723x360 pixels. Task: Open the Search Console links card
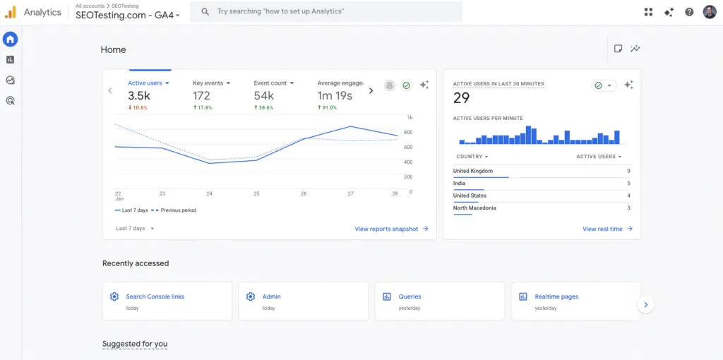click(155, 297)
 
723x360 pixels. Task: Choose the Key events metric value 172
click(201, 96)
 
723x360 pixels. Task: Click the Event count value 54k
click(264, 96)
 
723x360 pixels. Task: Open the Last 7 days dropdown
click(135, 229)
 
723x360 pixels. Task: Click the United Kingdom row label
click(473, 171)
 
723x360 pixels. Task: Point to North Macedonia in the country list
click(474, 208)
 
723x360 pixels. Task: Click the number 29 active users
click(461, 98)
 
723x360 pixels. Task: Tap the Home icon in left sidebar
click(11, 40)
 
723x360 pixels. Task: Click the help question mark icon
click(689, 12)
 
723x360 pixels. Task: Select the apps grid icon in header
click(648, 12)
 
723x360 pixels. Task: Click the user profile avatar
click(709, 12)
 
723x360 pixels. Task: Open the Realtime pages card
click(556, 297)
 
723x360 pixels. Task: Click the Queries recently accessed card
click(410, 297)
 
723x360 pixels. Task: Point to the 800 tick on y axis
click(408, 132)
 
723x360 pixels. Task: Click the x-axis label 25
click(256, 193)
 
